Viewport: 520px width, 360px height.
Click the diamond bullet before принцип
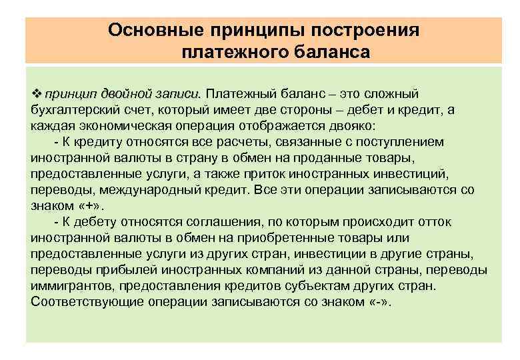click(x=36, y=94)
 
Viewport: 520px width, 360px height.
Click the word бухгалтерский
click(x=71, y=110)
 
